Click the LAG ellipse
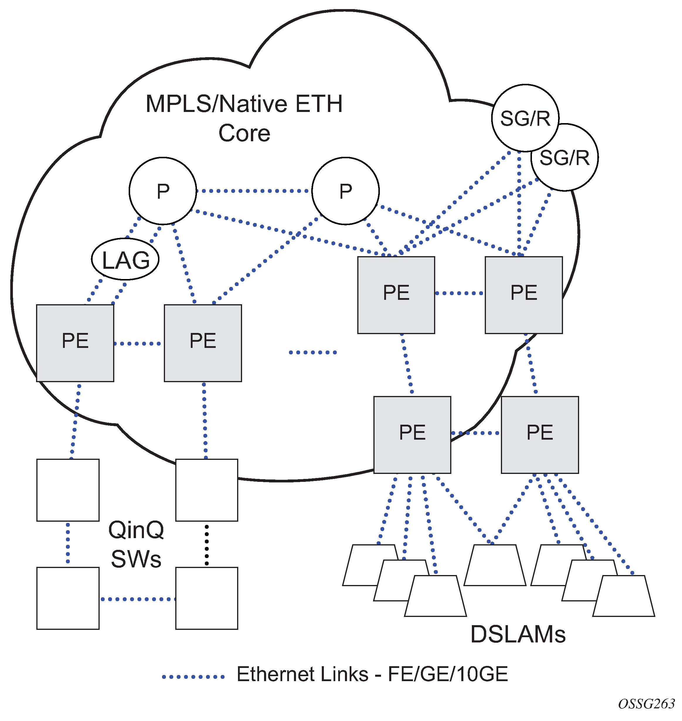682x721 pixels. click(x=125, y=259)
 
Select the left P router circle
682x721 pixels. click(x=163, y=191)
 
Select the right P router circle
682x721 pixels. click(x=345, y=191)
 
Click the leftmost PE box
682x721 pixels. click(x=75, y=343)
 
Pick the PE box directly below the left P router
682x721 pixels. click(x=203, y=343)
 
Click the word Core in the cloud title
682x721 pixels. click(x=244, y=133)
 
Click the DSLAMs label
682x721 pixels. click(x=518, y=635)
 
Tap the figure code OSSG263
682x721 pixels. click(x=646, y=704)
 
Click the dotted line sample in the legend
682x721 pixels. click(x=193, y=677)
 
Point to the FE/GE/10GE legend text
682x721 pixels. click(x=448, y=674)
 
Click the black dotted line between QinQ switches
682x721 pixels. click(x=207, y=544)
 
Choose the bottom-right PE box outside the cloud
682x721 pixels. click(x=540, y=435)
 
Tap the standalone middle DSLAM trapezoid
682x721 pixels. click(x=495, y=565)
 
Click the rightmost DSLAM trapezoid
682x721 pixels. click(x=624, y=596)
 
